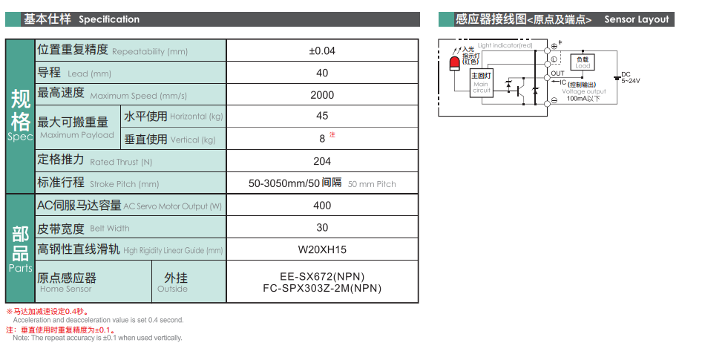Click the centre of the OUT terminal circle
point(547,78)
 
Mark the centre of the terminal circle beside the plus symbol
point(547,50)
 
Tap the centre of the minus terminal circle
point(547,104)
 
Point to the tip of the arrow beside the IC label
point(551,82)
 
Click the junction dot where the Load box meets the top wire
point(583,50)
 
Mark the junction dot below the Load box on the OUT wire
point(583,78)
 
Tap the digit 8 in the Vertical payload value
point(322,139)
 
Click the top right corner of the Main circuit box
point(493,69)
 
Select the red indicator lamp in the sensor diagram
point(455,64)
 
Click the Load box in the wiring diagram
point(583,62)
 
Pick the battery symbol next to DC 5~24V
point(617,78)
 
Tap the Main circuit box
point(482,83)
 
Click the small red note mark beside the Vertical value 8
point(332,134)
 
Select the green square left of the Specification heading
point(13,19)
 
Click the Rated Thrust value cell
point(322,161)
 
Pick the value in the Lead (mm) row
point(322,73)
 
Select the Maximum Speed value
point(322,95)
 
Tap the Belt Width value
point(322,227)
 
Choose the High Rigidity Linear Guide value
point(322,249)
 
